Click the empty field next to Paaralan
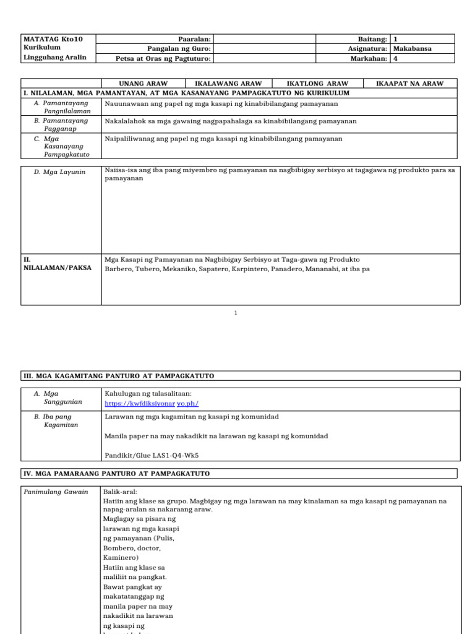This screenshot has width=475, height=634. tap(264, 38)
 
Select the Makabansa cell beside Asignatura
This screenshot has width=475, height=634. tap(413, 48)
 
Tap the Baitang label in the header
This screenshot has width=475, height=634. tap(372, 38)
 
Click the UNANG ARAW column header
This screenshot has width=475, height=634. tap(143, 83)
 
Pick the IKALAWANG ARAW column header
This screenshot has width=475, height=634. tap(228, 83)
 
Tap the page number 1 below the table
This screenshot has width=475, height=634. tap(236, 313)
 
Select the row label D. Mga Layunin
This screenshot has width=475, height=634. tap(60, 172)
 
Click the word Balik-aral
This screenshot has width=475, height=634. tap(118, 492)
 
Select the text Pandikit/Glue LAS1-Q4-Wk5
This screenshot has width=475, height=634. tap(151, 455)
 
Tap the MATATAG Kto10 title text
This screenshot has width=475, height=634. tap(52, 38)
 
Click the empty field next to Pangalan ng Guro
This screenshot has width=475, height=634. tap(264, 48)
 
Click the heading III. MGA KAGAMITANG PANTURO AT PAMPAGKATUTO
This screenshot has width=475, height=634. tap(119, 376)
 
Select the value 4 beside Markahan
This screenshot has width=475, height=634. tap(396, 58)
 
